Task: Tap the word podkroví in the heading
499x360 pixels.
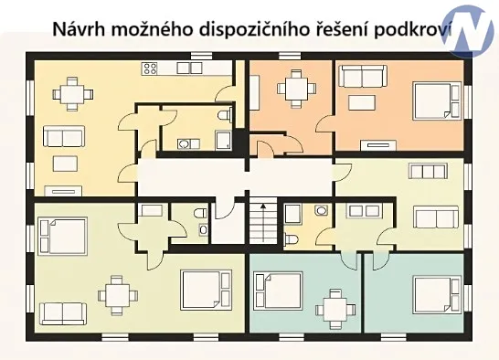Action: pyautogui.click(x=413, y=27)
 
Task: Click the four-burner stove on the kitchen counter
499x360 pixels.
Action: pyautogui.click(x=150, y=68)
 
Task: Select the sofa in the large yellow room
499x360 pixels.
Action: pyautogui.click(x=64, y=137)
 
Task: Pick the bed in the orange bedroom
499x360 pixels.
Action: pyautogui.click(x=435, y=101)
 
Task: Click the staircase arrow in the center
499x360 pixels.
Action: pyautogui.click(x=261, y=219)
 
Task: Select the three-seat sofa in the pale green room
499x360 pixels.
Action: pyautogui.click(x=435, y=217)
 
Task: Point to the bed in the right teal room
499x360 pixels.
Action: pyautogui.click(x=431, y=295)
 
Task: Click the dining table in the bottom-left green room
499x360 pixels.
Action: pyautogui.click(x=116, y=294)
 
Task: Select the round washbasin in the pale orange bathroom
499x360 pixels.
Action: pyautogui.click(x=319, y=211)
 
